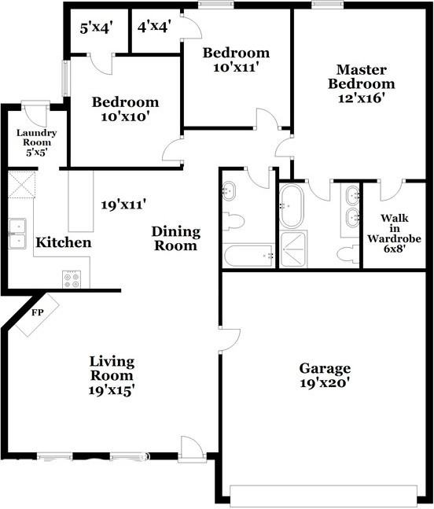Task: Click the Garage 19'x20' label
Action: pos(324,375)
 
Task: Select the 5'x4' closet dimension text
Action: pos(97,28)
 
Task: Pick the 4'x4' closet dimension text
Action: pos(154,28)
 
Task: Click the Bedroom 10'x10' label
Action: pos(125,109)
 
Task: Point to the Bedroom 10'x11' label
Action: pos(236,61)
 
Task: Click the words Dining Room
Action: pos(176,238)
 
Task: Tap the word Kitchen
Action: pos(64,243)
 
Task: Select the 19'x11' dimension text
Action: pos(123,206)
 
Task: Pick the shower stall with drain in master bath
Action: pos(292,250)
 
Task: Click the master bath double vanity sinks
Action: pos(351,207)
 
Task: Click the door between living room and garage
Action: pos(227,339)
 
